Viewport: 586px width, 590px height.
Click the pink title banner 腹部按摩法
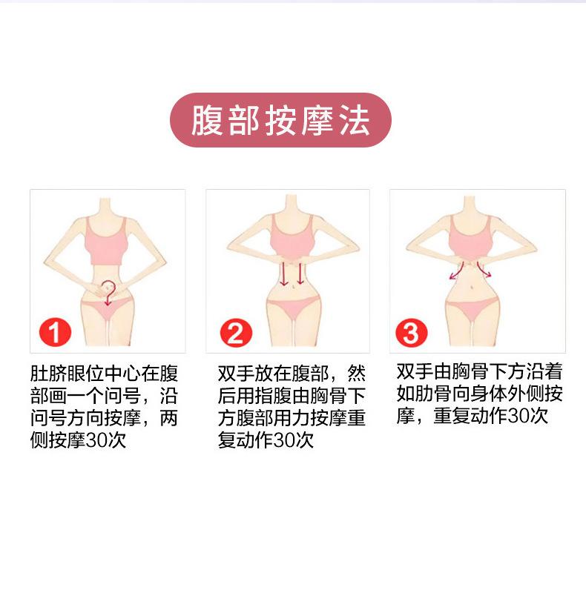click(x=280, y=121)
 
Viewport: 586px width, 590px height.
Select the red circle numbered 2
click(x=235, y=333)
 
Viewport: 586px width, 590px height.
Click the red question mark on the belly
click(x=109, y=292)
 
